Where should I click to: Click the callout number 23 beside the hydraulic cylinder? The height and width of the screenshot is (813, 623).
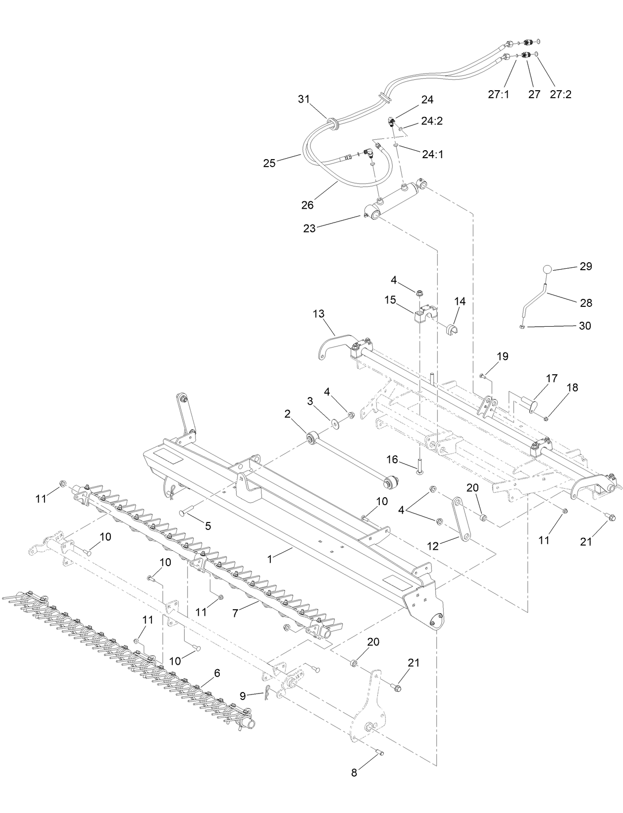click(x=309, y=229)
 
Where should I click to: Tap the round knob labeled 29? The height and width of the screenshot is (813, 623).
click(x=547, y=269)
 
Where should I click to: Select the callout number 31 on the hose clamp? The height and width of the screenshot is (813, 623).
click(x=303, y=99)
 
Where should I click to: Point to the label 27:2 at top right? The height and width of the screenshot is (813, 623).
click(x=561, y=94)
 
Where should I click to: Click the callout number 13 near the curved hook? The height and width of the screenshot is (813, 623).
click(x=318, y=313)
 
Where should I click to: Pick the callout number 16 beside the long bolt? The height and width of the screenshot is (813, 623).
click(x=392, y=460)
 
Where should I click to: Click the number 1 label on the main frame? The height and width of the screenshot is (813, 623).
click(x=270, y=559)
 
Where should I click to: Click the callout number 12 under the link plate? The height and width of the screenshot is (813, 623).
click(x=433, y=546)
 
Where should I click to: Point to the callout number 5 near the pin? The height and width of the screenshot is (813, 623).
click(x=208, y=526)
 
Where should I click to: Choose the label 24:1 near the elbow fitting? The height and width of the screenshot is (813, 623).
click(x=432, y=154)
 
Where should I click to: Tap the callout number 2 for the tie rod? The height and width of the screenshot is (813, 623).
click(x=287, y=413)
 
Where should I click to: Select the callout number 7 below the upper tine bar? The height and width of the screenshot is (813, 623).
click(x=236, y=613)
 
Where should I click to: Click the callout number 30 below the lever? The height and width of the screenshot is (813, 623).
click(x=585, y=326)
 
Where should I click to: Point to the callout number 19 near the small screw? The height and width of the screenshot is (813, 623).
click(x=502, y=356)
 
